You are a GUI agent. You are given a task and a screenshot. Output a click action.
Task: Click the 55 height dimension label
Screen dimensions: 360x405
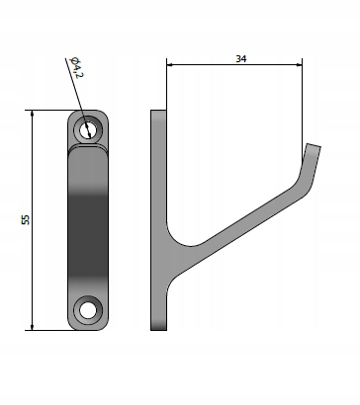tap(26, 219)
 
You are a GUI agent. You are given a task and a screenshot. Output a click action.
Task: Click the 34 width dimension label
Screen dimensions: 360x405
tap(241, 59)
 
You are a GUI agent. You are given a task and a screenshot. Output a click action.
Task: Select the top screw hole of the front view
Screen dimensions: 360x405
tap(88, 129)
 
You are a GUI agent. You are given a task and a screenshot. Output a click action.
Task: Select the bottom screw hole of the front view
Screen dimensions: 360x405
tap(88, 310)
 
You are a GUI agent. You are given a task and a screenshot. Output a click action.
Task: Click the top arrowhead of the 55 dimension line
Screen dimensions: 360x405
tap(32, 114)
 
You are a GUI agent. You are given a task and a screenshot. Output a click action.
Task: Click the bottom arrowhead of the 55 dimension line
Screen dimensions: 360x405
tap(32, 327)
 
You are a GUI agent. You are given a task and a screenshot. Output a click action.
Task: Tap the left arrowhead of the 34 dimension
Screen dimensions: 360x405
tap(170, 65)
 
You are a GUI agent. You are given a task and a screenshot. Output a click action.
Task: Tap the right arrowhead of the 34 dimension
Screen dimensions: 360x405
tap(299, 65)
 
